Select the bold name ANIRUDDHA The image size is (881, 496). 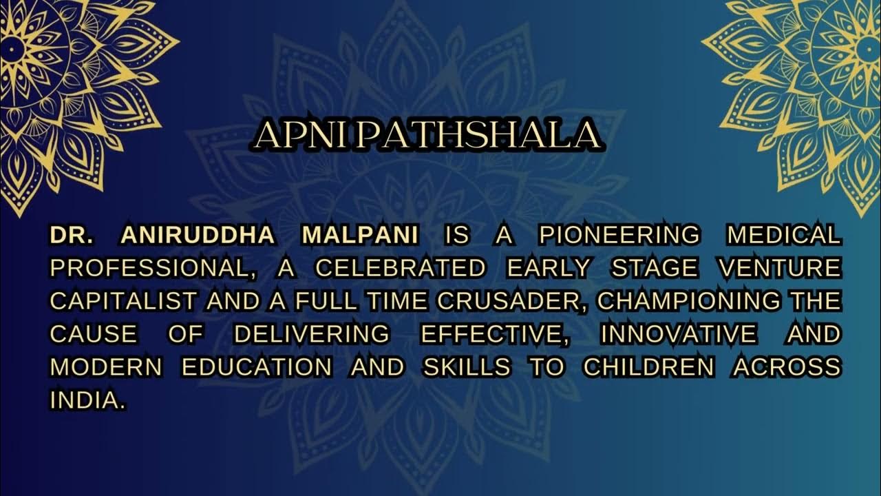point(198,235)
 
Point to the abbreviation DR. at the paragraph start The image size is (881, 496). point(72,235)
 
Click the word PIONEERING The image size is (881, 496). point(619,235)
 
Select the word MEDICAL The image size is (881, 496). point(784,235)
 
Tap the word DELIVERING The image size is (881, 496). point(311,334)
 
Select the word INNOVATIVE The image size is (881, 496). point(678,334)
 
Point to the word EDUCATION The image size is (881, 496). point(257,367)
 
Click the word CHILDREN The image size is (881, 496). point(649,367)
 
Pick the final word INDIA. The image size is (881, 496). point(87,400)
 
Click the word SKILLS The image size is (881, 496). point(467,367)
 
